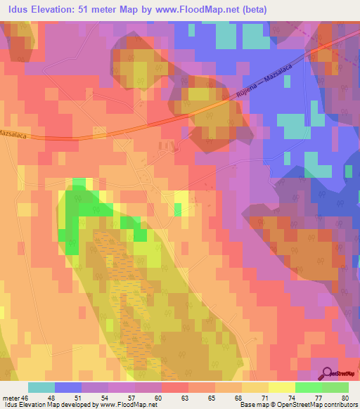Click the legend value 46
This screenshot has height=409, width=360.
tap(28, 397)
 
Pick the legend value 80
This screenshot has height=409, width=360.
tap(344, 397)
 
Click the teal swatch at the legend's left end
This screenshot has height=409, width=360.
tap(41, 387)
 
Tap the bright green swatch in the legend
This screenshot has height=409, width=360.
tap(308, 387)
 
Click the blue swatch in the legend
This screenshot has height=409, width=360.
tap(68, 387)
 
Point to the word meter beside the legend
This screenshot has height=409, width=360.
tap(12, 397)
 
